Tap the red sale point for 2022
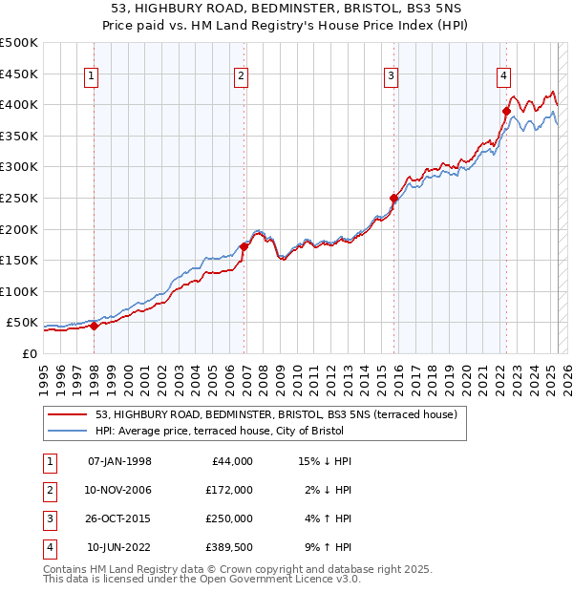(506, 111)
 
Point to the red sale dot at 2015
(393, 198)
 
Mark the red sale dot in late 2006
(244, 246)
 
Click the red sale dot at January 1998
(95, 326)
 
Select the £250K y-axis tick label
(20, 198)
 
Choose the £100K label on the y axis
(20, 291)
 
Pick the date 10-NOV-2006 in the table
(119, 490)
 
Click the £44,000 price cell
(230, 461)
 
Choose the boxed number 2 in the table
(48, 490)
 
